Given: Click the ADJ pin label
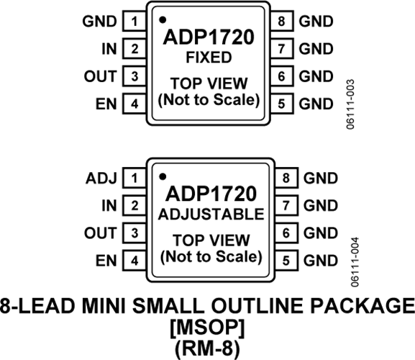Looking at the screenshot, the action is [x=101, y=179].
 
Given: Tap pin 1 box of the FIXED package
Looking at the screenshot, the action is [x=134, y=21].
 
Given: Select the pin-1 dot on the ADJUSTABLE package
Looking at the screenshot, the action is [x=163, y=176].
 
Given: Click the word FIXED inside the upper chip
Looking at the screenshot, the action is [x=209, y=58].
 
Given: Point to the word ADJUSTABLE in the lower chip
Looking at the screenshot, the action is [x=211, y=215].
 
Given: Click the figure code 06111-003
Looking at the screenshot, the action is [x=350, y=104].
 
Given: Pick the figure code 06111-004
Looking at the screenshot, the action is [x=355, y=262].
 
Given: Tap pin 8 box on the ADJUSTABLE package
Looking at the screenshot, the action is [x=287, y=178].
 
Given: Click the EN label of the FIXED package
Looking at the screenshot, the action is [x=106, y=104].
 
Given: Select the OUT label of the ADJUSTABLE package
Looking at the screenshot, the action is [x=100, y=233].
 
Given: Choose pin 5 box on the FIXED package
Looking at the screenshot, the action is [x=282, y=104].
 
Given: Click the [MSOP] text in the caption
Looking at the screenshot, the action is [x=207, y=328].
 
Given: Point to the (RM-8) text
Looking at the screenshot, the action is [x=207, y=348].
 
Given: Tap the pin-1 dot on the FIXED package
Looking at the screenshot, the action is [x=163, y=19].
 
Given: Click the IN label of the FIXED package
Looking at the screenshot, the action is [x=109, y=49].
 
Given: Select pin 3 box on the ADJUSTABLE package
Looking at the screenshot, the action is [x=134, y=233].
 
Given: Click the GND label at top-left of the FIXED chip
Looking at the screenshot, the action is [x=99, y=21].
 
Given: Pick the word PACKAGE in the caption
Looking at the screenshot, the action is [x=362, y=306].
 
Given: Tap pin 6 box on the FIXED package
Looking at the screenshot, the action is [x=282, y=76].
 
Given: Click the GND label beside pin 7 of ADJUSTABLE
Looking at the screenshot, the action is [x=321, y=206].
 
